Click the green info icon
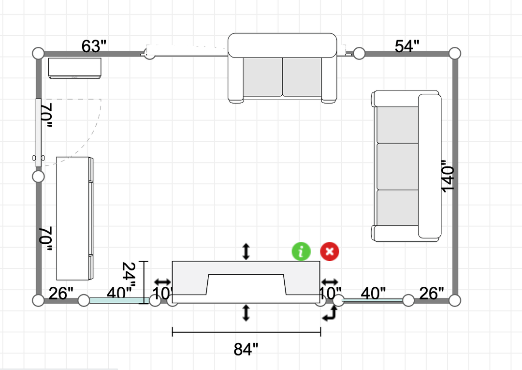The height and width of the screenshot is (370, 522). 302,252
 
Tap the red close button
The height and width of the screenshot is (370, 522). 330,252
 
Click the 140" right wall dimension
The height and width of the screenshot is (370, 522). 448,178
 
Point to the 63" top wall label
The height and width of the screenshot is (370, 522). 94,46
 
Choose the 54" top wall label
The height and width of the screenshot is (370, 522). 407,46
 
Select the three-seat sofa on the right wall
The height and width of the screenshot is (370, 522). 406,166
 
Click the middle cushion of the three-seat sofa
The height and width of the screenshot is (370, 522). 398,166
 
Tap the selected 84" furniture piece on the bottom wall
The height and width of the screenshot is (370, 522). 246,282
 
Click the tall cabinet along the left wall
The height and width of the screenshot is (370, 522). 74,218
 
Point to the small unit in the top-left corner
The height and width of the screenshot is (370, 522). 74,68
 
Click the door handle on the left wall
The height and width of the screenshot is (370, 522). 38,158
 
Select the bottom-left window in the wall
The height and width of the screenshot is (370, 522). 117,300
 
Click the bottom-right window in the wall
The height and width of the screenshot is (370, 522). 372,300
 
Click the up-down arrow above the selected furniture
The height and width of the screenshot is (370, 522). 246,251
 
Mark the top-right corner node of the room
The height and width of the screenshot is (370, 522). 454,53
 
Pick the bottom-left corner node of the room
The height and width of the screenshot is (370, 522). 38,300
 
